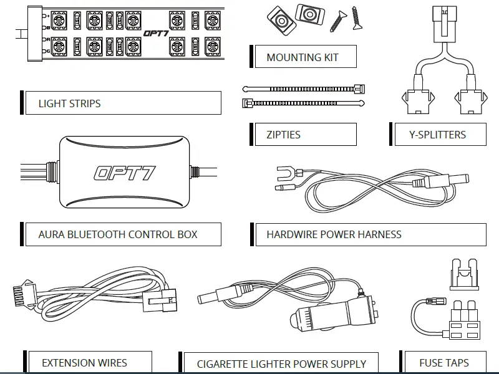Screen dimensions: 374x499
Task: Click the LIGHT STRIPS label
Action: click(69, 103)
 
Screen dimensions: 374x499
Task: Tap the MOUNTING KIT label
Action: click(303, 57)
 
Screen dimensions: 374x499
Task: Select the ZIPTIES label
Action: click(283, 134)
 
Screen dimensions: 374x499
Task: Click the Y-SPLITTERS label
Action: click(437, 134)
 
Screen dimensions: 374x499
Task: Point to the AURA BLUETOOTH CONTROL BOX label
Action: click(118, 234)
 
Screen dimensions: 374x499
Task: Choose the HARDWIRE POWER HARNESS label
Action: click(334, 234)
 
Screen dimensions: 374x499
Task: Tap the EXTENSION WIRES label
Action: click(84, 362)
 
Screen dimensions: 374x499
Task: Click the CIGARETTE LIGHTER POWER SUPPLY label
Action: click(281, 363)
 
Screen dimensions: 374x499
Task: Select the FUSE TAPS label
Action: click(444, 362)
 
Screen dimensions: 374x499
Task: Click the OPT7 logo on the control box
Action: click(125, 172)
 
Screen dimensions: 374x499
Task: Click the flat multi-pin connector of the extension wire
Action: click(24, 292)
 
